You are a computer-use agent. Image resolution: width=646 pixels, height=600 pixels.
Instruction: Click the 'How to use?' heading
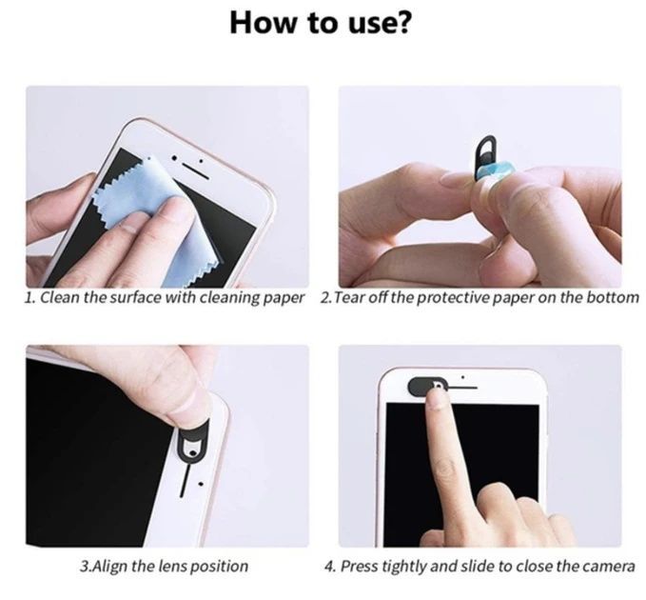(x=321, y=23)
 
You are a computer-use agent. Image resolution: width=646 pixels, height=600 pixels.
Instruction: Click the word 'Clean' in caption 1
(x=60, y=298)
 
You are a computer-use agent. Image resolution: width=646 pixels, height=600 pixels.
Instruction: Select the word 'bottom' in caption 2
(x=616, y=298)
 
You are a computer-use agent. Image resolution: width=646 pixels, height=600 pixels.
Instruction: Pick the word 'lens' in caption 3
(x=175, y=566)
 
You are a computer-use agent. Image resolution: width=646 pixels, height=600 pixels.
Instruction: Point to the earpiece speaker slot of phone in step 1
(x=195, y=161)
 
